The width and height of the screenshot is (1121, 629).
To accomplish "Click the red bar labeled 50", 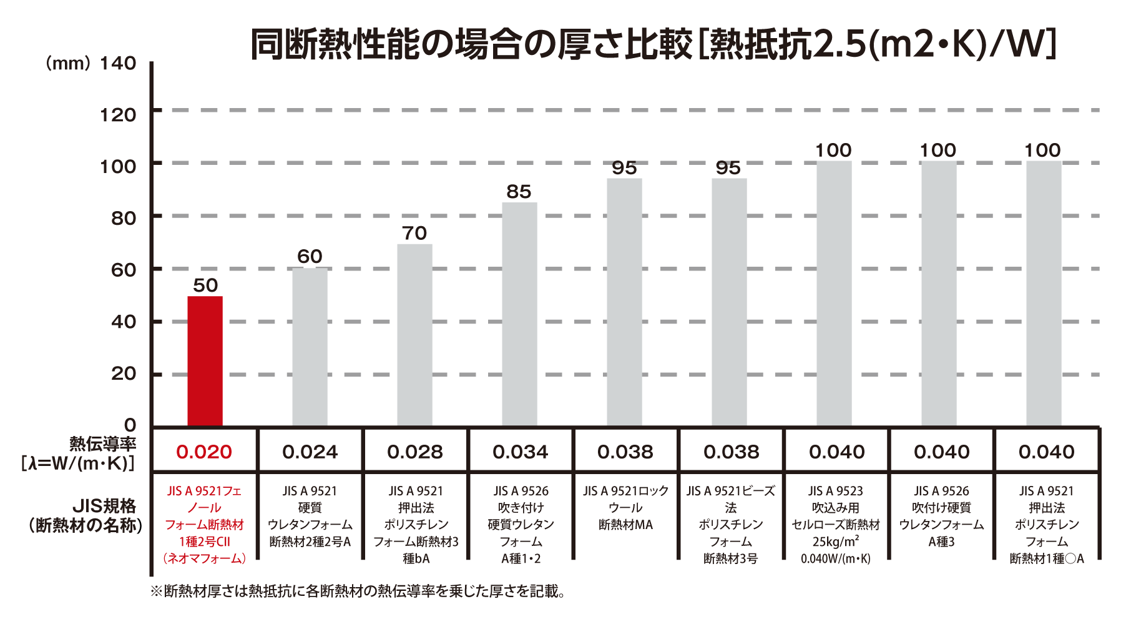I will click(x=205, y=361).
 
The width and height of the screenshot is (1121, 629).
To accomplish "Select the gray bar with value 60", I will click(x=310, y=347).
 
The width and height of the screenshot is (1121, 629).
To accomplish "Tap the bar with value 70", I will click(x=414, y=335).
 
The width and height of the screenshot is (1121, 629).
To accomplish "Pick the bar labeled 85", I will click(x=519, y=314).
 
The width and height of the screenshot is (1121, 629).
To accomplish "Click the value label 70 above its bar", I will click(x=414, y=233).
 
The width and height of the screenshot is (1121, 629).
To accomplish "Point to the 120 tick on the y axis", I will click(x=118, y=115).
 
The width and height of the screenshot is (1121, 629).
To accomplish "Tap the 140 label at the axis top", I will click(x=118, y=63).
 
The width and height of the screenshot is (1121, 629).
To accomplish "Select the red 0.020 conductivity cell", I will click(x=204, y=452).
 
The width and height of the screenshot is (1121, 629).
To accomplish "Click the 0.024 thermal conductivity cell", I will click(x=310, y=452).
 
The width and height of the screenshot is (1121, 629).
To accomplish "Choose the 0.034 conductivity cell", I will click(x=520, y=452).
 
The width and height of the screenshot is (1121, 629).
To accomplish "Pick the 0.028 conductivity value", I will click(x=414, y=452).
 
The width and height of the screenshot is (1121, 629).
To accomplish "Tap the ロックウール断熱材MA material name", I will click(x=625, y=508).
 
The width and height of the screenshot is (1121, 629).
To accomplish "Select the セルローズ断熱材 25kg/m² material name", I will click(x=836, y=525).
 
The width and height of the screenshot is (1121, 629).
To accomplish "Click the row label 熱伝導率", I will click(x=103, y=444).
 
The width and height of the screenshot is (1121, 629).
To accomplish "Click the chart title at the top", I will click(x=652, y=44).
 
